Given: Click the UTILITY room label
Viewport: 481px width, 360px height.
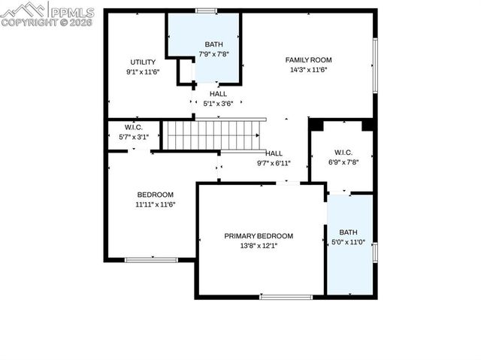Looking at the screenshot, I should (143, 62).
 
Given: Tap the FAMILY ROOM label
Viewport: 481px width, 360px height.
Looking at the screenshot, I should (308, 59).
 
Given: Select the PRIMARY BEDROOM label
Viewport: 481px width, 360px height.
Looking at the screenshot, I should (259, 235).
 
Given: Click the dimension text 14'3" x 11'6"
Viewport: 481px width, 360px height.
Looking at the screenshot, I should (308, 70).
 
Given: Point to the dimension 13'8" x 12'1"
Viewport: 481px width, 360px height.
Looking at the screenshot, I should (259, 246).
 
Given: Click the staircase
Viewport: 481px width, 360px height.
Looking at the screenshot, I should (212, 135).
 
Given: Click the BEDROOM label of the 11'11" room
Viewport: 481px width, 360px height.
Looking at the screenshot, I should (155, 194).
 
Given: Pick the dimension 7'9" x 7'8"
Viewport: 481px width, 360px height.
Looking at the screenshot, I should (214, 54).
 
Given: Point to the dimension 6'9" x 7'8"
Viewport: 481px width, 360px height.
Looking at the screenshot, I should (343, 162).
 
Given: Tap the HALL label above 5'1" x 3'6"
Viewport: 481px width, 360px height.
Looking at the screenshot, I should (218, 94).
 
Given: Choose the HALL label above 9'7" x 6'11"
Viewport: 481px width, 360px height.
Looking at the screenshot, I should (274, 153).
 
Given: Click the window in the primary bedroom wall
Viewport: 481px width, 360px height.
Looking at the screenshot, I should (286, 297).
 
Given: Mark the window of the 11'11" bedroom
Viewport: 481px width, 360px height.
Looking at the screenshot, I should (151, 260).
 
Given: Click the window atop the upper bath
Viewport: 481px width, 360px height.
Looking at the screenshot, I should (206, 11).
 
